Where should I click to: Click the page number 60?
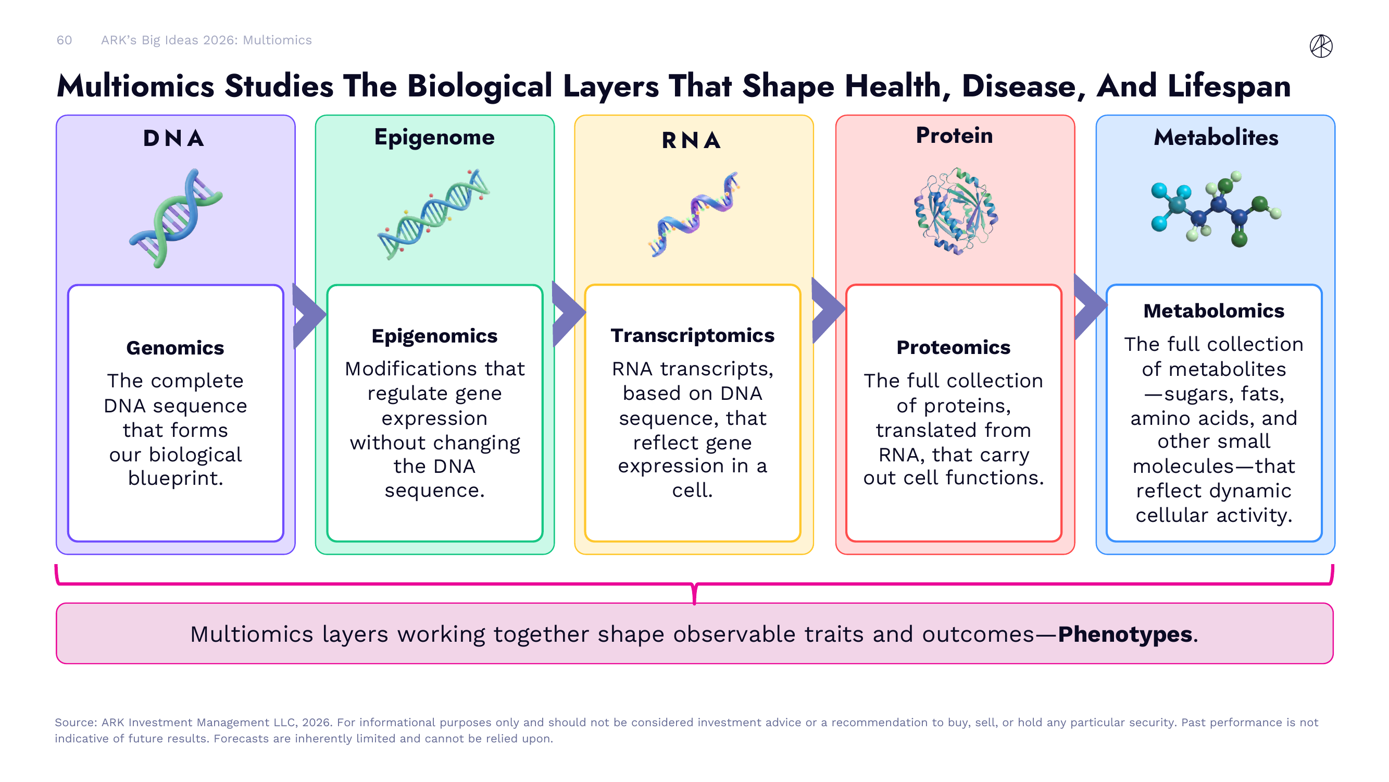[64, 41]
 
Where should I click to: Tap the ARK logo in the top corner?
[1321, 46]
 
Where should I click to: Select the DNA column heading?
[173, 139]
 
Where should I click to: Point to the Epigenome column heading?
[434, 137]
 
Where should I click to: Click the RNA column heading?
[691, 140]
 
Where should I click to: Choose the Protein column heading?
[954, 136]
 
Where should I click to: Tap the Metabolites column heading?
[1216, 138]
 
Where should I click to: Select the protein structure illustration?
[956, 212]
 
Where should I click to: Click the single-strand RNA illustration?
[693, 214]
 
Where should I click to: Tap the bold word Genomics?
[175, 348]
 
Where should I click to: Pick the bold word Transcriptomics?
[692, 336]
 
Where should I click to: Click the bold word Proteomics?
[953, 348]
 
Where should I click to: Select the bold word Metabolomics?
[1214, 311]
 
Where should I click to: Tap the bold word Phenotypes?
[1125, 634]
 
